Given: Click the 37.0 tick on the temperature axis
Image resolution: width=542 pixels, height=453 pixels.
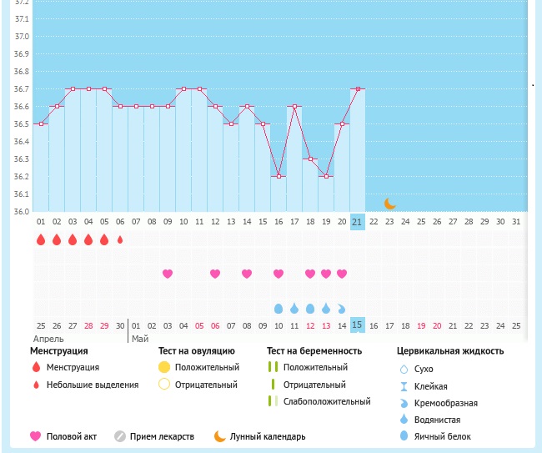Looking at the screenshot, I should click(x=22, y=37).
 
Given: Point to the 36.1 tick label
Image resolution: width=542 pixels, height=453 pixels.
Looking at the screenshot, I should click(x=22, y=194).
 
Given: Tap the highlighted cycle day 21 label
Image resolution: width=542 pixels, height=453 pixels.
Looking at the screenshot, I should click(x=357, y=222).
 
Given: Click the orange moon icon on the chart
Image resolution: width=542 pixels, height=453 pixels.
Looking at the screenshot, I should click(x=389, y=203).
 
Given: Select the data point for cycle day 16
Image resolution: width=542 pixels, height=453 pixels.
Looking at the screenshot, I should click(x=279, y=176).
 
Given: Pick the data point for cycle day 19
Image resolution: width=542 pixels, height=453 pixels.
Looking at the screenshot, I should click(x=325, y=176).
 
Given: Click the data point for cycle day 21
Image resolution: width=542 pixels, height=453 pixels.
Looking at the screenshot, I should click(x=357, y=88).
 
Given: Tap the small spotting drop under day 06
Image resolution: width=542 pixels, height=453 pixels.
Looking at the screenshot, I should click(x=120, y=240).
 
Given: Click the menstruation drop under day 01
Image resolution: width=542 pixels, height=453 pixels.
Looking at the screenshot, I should click(x=41, y=240).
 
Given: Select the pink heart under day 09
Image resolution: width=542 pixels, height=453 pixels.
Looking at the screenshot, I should click(x=168, y=274).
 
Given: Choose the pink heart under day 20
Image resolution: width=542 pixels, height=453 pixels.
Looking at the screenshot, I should click(x=342, y=274).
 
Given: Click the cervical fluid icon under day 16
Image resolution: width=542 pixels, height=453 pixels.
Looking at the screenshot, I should click(x=279, y=308).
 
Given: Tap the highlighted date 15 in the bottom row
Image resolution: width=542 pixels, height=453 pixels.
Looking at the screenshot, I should click(x=357, y=325).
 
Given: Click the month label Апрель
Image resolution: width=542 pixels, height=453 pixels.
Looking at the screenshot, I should click(x=48, y=339).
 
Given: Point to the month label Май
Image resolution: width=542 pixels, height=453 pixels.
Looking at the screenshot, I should click(x=140, y=339).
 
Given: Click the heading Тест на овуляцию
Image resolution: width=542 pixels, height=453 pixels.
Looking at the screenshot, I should click(x=197, y=351).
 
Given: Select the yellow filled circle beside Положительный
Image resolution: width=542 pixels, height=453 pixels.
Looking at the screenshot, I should click(x=164, y=367).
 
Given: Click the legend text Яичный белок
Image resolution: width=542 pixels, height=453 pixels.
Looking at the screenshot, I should click(x=447, y=436).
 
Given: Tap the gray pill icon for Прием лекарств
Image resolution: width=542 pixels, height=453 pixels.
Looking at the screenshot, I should click(x=120, y=436).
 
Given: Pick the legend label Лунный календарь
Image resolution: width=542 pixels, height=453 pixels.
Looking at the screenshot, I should click(x=268, y=436).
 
